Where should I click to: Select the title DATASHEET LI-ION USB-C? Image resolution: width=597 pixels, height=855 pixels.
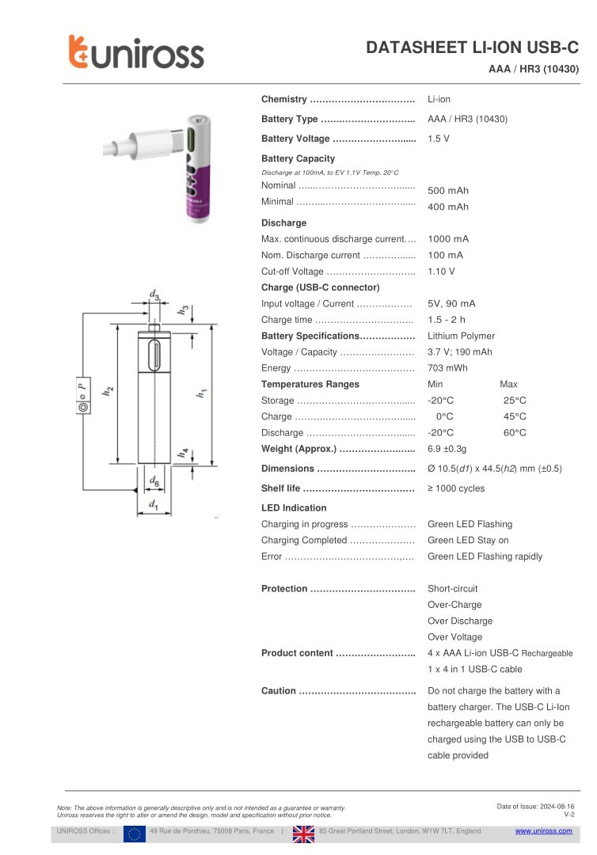(x=472, y=48)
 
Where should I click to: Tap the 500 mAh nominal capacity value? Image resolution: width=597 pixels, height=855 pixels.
(x=448, y=191)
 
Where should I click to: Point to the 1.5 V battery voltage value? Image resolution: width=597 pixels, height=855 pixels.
(x=439, y=139)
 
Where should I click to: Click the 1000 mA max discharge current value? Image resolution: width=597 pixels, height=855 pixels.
(x=448, y=239)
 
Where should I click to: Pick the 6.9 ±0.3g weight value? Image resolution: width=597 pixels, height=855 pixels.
(x=447, y=449)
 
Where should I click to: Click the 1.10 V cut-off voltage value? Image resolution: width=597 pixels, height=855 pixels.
(x=441, y=272)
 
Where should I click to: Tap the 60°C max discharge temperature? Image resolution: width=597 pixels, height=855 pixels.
(x=515, y=433)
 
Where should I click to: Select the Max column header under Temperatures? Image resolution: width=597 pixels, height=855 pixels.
(x=508, y=384)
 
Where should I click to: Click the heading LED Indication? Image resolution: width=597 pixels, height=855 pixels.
(x=294, y=507)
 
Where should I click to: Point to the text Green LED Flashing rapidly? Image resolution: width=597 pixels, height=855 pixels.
(x=485, y=557)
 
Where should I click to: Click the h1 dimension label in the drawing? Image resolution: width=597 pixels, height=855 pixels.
(x=203, y=392)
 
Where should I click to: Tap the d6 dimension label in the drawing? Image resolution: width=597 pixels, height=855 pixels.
(x=154, y=481)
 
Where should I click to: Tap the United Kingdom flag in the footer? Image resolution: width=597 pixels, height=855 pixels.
(x=303, y=832)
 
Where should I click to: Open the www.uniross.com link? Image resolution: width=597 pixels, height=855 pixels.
(x=543, y=831)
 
